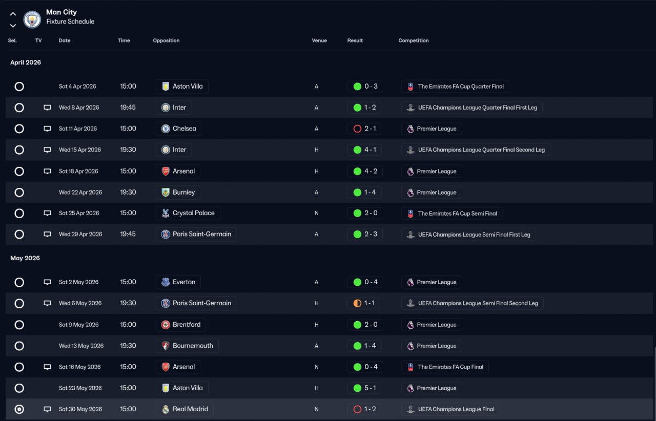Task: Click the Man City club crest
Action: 32,19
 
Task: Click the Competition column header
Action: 413,40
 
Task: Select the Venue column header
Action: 319,40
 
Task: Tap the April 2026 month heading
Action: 26,62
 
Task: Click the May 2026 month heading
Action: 25,258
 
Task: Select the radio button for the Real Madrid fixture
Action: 19,409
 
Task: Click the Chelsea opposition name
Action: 184,129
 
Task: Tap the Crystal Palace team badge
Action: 166,213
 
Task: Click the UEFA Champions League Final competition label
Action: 456,409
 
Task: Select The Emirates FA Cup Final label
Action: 450,367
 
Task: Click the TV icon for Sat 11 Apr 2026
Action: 47,129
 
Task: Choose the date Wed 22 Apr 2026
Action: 80,193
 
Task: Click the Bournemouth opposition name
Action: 193,346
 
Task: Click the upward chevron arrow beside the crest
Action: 13,14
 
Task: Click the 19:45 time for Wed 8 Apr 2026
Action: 128,108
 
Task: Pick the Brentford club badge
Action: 166,325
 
